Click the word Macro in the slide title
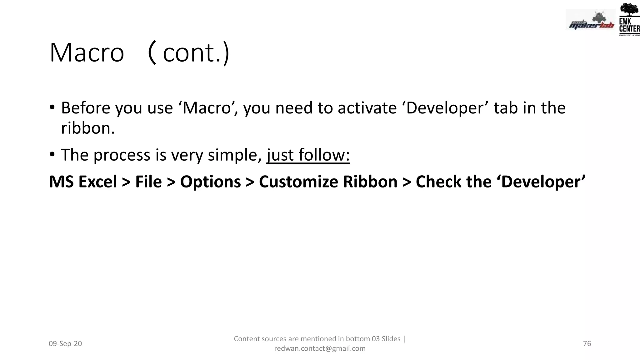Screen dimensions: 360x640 87,53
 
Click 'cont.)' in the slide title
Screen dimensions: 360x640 196,53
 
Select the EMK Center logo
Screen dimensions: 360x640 629,19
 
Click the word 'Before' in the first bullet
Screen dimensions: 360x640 86,108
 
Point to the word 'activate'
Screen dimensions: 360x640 367,108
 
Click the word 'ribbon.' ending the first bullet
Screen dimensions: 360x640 88,128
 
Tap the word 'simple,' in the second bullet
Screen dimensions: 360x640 235,155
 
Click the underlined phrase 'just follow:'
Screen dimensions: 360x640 308,155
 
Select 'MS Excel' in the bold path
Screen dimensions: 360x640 83,182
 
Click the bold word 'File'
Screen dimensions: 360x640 148,182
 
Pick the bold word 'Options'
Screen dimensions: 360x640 210,182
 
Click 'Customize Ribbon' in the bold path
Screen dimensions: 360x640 328,182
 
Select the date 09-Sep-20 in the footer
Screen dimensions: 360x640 65,344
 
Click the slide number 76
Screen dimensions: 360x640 587,344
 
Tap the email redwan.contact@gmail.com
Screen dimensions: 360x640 320,348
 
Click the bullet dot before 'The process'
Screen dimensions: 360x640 52,154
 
